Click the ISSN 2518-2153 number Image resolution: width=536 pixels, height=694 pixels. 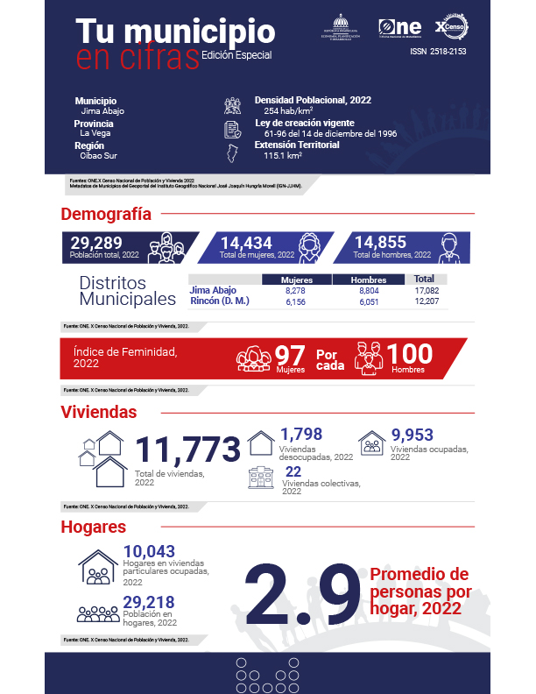[x=439, y=52]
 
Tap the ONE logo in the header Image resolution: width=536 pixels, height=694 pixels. [x=400, y=27]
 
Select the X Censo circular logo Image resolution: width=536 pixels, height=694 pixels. [x=453, y=26]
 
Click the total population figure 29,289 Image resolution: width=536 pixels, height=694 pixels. [x=95, y=243]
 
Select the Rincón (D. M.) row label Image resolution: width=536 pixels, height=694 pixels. [x=220, y=301]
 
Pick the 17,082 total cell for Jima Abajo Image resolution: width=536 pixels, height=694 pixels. [x=426, y=290]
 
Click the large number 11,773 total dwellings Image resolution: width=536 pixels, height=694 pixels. [x=187, y=450]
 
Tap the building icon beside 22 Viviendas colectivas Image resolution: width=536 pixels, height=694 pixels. [x=261, y=478]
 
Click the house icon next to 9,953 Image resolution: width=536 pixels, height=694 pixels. [x=372, y=442]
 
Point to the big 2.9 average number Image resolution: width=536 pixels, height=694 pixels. [x=302, y=596]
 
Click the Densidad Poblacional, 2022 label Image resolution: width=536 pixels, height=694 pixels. [x=312, y=100]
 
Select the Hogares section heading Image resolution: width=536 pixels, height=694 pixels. [x=94, y=528]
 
